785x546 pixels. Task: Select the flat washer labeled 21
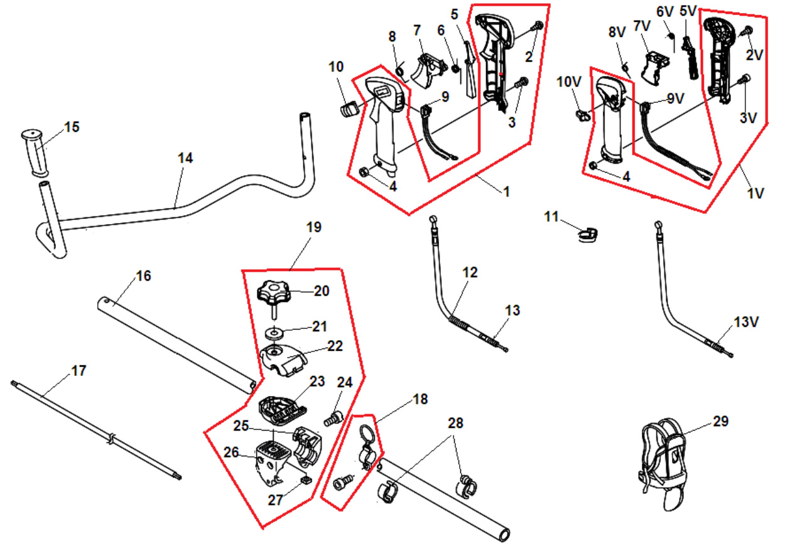(x=275, y=333)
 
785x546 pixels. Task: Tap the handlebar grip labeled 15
(x=35, y=153)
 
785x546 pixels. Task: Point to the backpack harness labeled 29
(x=662, y=463)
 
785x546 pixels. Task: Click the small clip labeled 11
(x=587, y=235)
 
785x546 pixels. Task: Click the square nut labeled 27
(x=306, y=479)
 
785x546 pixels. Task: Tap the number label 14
(x=185, y=158)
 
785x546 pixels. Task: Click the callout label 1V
(x=755, y=193)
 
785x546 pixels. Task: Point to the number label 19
(x=313, y=227)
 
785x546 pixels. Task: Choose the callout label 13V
(x=746, y=322)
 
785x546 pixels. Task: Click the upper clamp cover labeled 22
(x=283, y=360)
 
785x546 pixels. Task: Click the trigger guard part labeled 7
(x=428, y=70)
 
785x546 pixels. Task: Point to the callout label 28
(x=455, y=423)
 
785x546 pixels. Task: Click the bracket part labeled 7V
(x=654, y=67)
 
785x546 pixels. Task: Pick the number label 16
(x=143, y=276)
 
